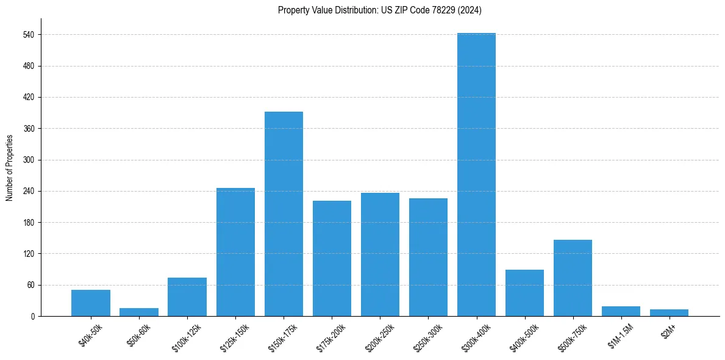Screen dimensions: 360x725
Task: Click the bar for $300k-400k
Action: pyautogui.click(x=476, y=175)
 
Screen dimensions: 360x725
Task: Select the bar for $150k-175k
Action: pyautogui.click(x=284, y=214)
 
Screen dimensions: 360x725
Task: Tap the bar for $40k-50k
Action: pyautogui.click(x=91, y=303)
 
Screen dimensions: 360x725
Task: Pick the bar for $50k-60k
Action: pyautogui.click(x=139, y=312)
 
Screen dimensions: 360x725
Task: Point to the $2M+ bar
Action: pyautogui.click(x=669, y=312)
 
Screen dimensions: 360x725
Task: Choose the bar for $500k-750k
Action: pyautogui.click(x=573, y=278)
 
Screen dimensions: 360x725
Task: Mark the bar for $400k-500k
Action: pyautogui.click(x=524, y=293)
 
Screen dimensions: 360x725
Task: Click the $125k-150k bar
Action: pyautogui.click(x=235, y=252)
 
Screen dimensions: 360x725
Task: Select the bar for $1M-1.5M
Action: pyautogui.click(x=621, y=311)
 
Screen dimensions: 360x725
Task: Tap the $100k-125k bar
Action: pyautogui.click(x=187, y=297)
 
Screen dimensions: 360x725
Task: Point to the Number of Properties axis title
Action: pyautogui.click(x=9, y=167)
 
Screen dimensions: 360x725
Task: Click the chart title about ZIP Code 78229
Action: pyautogui.click(x=380, y=10)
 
